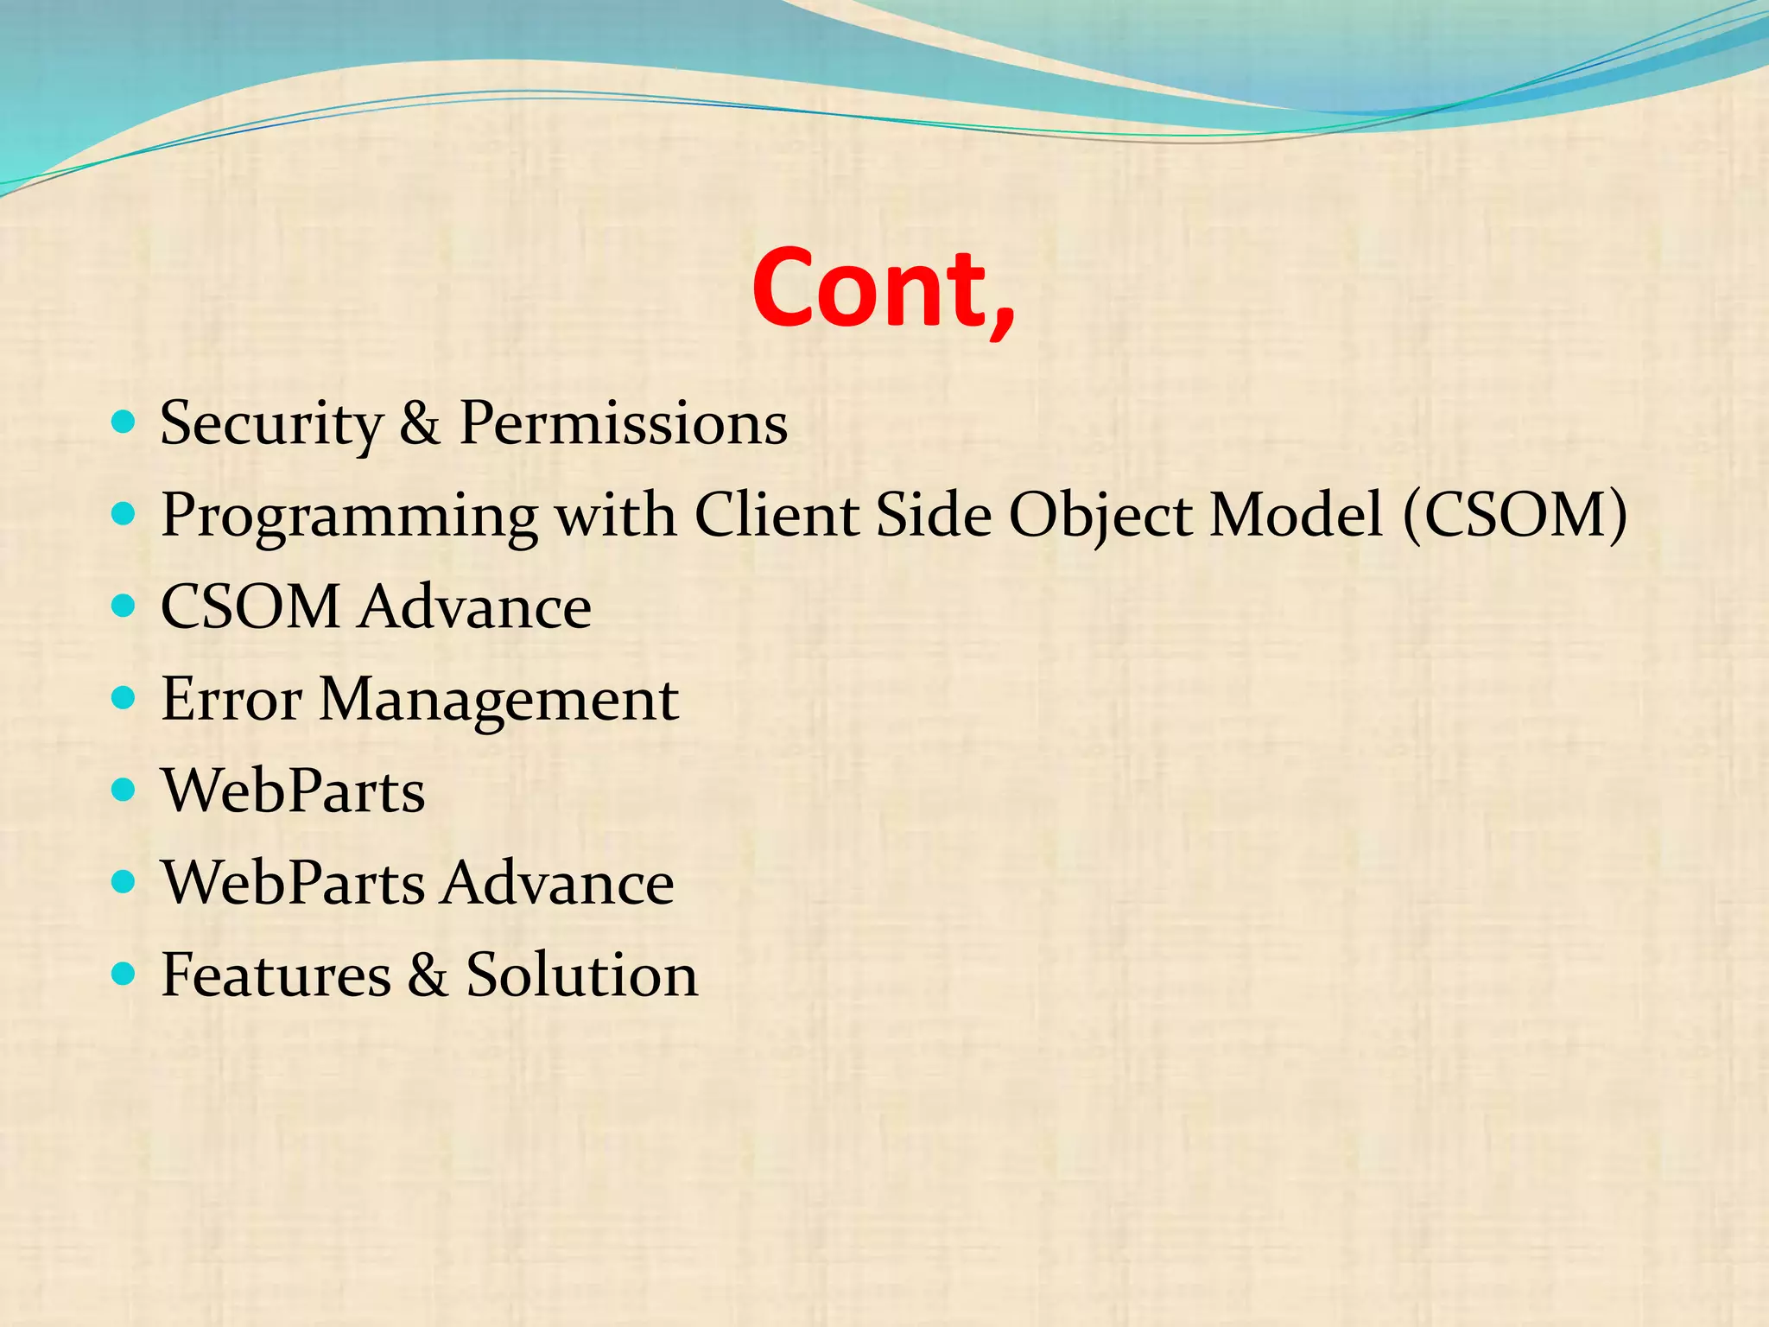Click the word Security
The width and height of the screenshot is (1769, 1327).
[271, 424]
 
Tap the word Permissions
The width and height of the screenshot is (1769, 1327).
[623, 424]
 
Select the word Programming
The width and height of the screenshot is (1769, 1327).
[349, 517]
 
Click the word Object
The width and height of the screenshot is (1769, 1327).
[1101, 517]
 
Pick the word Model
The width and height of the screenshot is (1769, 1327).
[1296, 515]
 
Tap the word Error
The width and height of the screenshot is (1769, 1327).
[231, 699]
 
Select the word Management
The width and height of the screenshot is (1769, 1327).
[498, 701]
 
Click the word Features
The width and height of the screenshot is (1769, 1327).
[276, 975]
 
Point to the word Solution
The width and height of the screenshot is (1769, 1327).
[581, 975]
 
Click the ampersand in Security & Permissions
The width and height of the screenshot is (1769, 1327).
[420, 424]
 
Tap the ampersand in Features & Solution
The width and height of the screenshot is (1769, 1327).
[428, 975]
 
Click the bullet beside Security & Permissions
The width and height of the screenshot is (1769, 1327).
[124, 422]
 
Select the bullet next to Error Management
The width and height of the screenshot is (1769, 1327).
[124, 698]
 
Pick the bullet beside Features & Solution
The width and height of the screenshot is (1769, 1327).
[124, 975]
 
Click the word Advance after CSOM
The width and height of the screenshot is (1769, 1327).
[475, 607]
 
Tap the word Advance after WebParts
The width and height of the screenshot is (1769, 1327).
[558, 883]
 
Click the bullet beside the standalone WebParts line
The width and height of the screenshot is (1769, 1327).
[124, 790]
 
